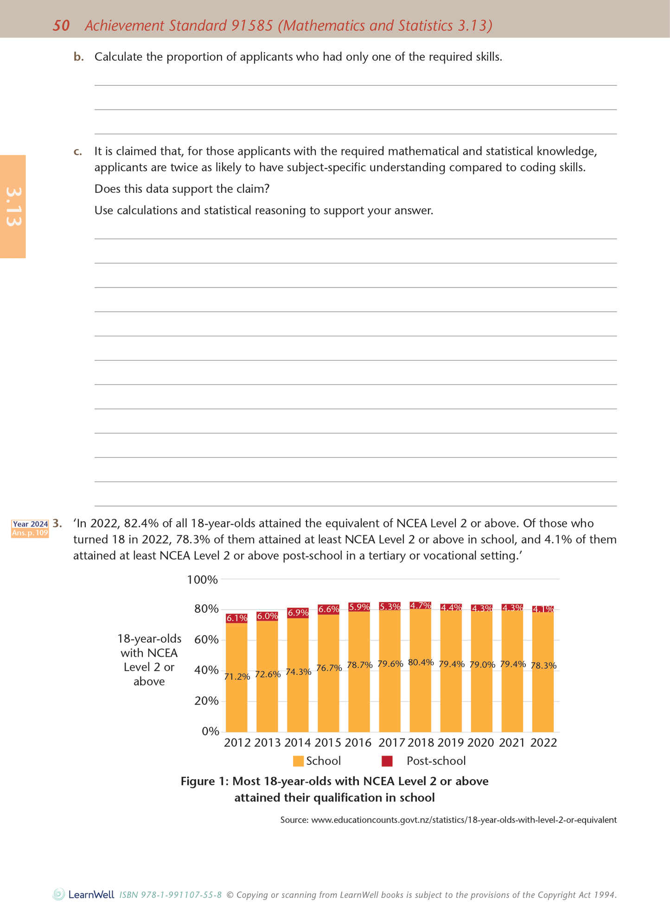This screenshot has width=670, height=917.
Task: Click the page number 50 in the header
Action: [61, 26]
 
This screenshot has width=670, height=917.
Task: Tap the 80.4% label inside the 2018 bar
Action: [421, 662]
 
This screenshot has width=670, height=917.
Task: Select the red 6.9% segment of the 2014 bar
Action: [298, 613]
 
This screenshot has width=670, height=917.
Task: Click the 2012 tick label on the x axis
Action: [237, 743]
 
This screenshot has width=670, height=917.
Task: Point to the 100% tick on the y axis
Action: [202, 579]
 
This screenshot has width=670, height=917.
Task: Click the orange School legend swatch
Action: [298, 761]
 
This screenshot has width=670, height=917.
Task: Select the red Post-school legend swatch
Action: [387, 761]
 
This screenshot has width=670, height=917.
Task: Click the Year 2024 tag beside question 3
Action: [30, 524]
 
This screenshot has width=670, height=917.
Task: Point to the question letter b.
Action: [79, 57]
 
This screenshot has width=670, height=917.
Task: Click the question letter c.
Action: [78, 152]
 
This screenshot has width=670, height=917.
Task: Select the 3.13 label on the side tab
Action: [13, 207]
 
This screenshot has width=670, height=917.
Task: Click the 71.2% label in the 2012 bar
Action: [237, 677]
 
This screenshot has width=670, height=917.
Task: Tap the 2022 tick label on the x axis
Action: [543, 743]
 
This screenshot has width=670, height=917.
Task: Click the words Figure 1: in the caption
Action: [204, 782]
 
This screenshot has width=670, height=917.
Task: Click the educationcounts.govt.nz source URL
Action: [464, 820]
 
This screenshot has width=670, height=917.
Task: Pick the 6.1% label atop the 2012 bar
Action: [236, 618]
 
